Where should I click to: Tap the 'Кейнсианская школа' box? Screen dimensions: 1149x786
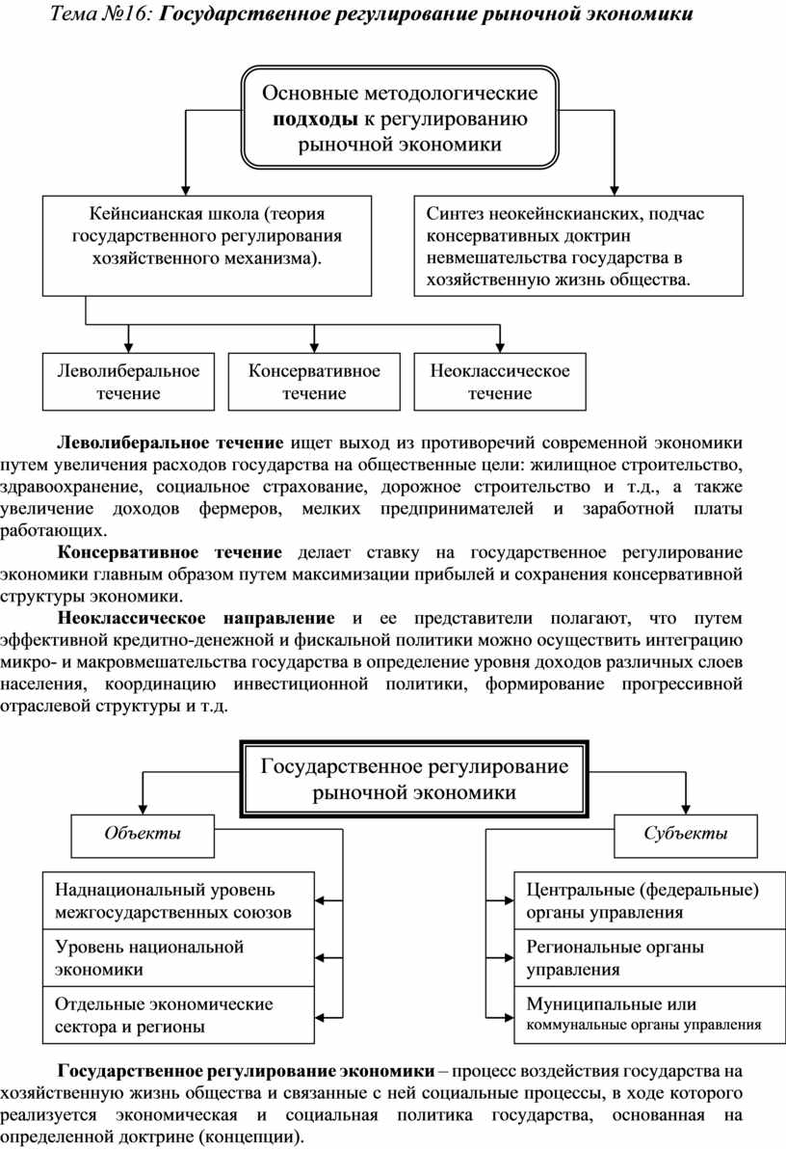[x=207, y=245]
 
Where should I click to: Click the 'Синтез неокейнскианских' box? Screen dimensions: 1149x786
[x=578, y=245]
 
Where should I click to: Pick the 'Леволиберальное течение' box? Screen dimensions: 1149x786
[x=128, y=381]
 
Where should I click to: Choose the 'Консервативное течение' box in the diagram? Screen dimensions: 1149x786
[x=314, y=381]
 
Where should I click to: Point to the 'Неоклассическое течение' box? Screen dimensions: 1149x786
[x=500, y=381]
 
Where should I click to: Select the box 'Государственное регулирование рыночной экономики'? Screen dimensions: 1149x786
[x=414, y=779]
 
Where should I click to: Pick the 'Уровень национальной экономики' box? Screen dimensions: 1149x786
[x=179, y=957]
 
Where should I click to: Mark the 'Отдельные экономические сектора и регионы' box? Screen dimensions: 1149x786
[x=179, y=1014]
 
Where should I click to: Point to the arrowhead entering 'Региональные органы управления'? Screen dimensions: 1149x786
[x=507, y=957]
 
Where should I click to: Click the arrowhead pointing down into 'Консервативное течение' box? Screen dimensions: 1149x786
[x=314, y=346]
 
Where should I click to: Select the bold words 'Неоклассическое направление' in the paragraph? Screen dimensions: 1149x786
[x=196, y=617]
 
